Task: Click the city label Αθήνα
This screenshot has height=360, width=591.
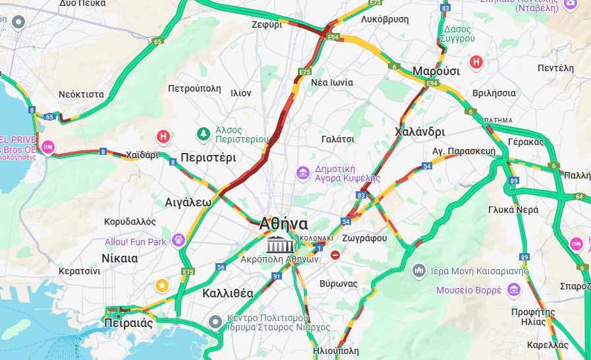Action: tap(284, 223)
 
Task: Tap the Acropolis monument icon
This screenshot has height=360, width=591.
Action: tap(281, 245)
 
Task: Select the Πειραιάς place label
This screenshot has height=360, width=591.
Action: tap(128, 323)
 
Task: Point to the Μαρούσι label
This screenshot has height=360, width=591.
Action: tap(436, 71)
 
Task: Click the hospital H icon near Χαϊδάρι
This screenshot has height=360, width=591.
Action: tap(163, 136)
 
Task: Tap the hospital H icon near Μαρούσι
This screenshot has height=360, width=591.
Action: tap(476, 62)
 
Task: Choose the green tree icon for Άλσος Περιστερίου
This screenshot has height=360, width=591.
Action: tap(204, 135)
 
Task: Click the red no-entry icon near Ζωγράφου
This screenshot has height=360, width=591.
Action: tap(335, 255)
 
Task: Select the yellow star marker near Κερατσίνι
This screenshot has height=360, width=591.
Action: tap(161, 285)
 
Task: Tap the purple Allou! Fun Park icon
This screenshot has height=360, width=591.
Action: tap(178, 240)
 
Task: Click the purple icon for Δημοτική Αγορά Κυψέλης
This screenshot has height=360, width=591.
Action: tap(302, 173)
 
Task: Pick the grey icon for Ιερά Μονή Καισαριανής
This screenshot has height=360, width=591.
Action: tap(419, 270)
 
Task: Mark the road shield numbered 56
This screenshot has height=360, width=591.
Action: tap(221, 266)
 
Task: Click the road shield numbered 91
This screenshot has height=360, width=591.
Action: tap(277, 276)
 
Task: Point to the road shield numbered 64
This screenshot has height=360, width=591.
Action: tap(579, 196)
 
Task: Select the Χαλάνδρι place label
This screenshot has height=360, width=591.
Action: tap(419, 131)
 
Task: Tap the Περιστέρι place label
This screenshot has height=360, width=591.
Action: tap(208, 158)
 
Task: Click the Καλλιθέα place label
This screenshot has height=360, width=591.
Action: tap(228, 293)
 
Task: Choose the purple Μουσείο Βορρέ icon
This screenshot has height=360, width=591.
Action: tap(513, 290)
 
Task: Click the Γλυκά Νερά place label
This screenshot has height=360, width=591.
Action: tap(513, 210)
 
